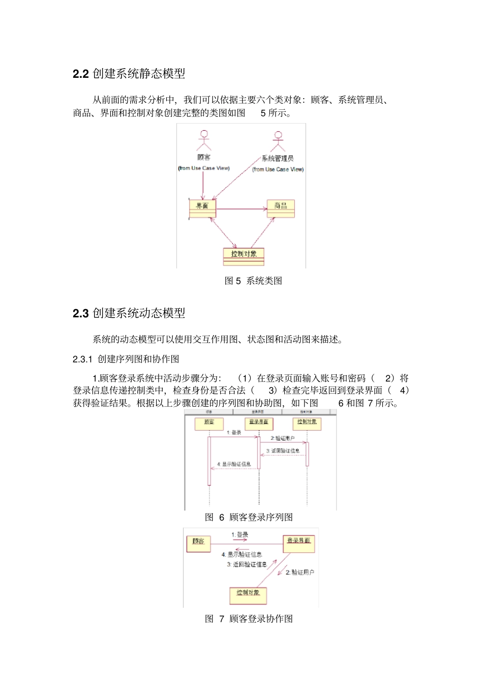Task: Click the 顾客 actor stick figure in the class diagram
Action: (204, 140)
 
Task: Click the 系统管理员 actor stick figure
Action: (278, 141)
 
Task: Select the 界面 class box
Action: (202, 209)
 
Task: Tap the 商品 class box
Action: (281, 209)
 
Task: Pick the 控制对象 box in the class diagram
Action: (244, 256)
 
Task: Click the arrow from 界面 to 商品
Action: (242, 209)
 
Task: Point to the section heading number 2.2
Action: (80, 74)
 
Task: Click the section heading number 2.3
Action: (80, 313)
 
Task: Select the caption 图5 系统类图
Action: (253, 281)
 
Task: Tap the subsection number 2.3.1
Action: (82, 359)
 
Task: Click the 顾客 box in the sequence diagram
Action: (209, 423)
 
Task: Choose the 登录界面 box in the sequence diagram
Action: (259, 423)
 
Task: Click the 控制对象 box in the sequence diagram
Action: (307, 423)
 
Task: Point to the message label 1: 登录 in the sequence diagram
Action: (234, 432)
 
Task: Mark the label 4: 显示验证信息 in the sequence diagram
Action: (234, 464)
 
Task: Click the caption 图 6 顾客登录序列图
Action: (249, 517)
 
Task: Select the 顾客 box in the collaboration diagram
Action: (198, 543)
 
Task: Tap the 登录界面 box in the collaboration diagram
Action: (299, 543)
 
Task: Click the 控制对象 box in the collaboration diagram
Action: (248, 595)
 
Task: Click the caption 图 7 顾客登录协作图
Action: (249, 619)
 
